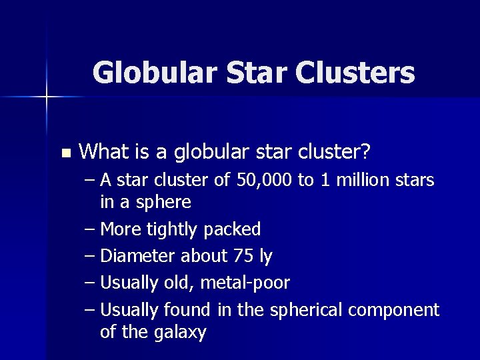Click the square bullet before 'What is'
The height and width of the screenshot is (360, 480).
coord(65,153)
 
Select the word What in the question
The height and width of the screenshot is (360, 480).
coord(107,152)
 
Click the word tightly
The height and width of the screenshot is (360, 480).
coord(173,230)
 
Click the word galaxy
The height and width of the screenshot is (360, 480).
coord(179,332)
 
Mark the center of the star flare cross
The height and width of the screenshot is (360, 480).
coord(47,97)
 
